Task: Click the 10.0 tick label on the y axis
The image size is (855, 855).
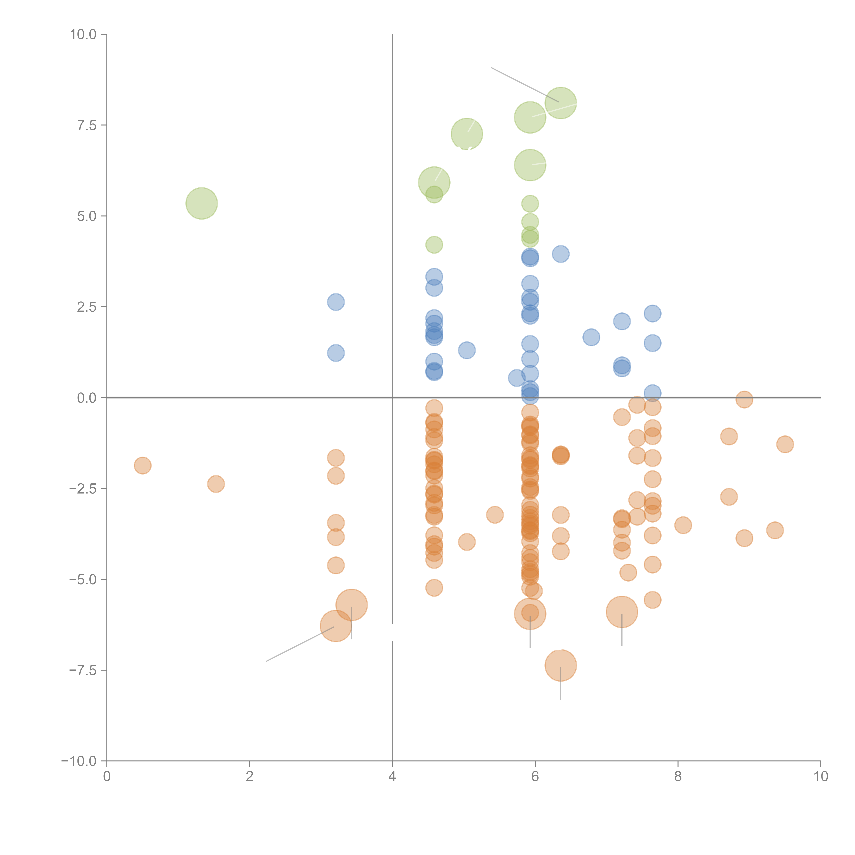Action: (83, 35)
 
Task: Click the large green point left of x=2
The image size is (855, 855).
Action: (201, 203)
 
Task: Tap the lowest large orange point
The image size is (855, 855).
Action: (561, 665)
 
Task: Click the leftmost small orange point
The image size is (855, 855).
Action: (142, 466)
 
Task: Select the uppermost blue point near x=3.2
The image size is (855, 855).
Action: (336, 302)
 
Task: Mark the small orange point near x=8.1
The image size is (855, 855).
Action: (683, 525)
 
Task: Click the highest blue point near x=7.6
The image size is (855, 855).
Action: (652, 314)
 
